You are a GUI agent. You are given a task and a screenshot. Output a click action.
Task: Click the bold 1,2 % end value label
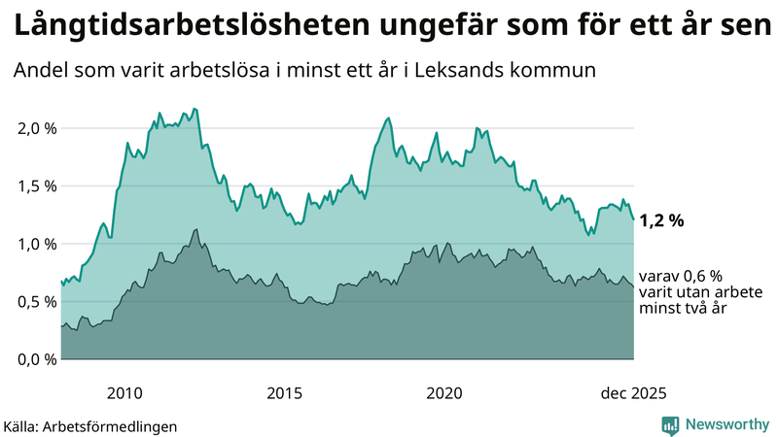tap(662, 220)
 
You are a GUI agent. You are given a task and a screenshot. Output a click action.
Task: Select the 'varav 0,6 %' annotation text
tap(681, 276)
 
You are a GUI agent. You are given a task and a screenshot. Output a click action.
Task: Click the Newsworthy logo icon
tap(670, 424)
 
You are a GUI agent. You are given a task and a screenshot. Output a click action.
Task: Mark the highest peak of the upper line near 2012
tap(195, 109)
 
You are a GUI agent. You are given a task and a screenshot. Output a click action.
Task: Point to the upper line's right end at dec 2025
tap(634, 219)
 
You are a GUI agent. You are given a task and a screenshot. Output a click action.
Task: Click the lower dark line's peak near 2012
tap(196, 230)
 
